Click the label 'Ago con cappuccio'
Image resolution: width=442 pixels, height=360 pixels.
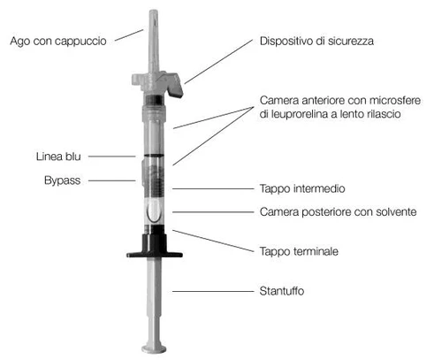pyautogui.click(x=58, y=42)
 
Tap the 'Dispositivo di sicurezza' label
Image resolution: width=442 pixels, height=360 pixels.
pyautogui.click(x=316, y=41)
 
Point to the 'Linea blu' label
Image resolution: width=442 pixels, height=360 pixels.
pyautogui.click(x=58, y=157)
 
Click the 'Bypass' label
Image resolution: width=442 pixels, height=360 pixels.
pyautogui.click(x=62, y=180)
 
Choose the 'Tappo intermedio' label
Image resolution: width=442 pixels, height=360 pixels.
pyautogui.click(x=302, y=188)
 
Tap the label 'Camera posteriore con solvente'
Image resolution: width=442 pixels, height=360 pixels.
pyautogui.click(x=338, y=211)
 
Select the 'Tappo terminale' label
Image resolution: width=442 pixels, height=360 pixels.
pyautogui.click(x=299, y=251)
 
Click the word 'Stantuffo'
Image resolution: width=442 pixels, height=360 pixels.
pyautogui.click(x=282, y=291)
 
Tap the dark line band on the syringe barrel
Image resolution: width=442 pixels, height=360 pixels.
pyautogui.click(x=153, y=156)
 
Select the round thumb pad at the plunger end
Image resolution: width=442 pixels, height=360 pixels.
pyautogui.click(x=154, y=349)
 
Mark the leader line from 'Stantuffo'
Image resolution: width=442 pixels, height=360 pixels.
pyautogui.click(x=213, y=291)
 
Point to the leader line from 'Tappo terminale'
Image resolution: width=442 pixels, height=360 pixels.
pyautogui.click(x=213, y=241)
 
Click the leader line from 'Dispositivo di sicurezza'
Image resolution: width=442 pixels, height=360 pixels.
pyautogui.click(x=218, y=61)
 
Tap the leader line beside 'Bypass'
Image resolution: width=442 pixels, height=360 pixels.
pyautogui.click(x=112, y=180)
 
